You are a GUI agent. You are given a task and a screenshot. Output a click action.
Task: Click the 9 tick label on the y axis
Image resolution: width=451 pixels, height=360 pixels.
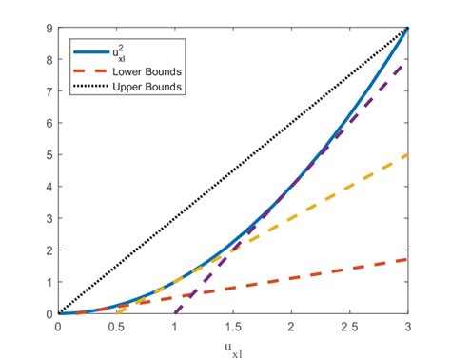(49, 28)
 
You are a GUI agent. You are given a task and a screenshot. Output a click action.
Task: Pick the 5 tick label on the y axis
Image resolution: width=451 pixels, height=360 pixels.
(49, 155)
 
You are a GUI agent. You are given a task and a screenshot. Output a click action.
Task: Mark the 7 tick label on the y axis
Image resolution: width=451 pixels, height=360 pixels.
(49, 91)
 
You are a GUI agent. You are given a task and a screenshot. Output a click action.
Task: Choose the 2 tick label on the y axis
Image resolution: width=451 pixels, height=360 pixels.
(49, 250)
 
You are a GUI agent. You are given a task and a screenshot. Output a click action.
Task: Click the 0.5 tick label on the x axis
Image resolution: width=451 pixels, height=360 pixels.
(116, 326)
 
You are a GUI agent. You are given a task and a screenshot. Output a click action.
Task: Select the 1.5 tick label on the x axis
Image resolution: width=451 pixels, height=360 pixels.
(233, 326)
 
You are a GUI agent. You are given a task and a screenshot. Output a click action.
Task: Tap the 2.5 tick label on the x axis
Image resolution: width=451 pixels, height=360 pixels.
(350, 326)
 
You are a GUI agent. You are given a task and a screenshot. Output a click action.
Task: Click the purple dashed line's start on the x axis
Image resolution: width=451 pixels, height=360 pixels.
(175, 313)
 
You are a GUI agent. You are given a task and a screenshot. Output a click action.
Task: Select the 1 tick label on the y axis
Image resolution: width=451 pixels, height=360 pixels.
(49, 282)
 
